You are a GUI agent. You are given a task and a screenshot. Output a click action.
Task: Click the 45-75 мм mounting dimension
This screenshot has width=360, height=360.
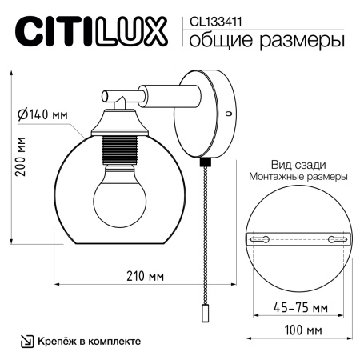[297, 307]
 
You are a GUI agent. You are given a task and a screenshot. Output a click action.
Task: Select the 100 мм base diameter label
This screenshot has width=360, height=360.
[297, 330]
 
